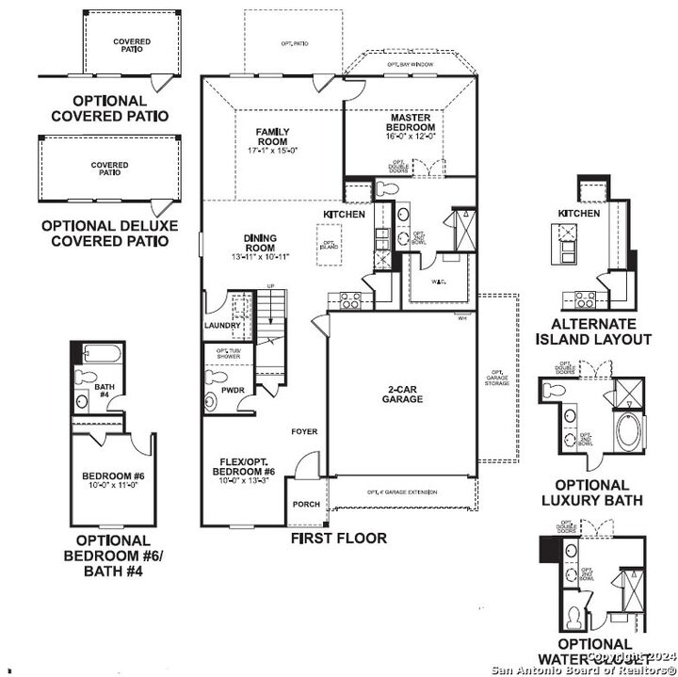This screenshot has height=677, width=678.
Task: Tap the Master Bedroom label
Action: (x=411, y=122)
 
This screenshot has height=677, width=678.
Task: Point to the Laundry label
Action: (x=222, y=326)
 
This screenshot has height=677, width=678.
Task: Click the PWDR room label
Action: (x=233, y=389)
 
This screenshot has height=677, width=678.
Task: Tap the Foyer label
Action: (x=304, y=431)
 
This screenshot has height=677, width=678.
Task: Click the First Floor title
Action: (x=339, y=539)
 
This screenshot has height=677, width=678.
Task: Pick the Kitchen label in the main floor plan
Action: (x=344, y=216)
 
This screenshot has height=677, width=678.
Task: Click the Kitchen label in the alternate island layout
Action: (x=578, y=214)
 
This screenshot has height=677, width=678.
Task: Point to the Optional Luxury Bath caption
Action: (x=592, y=492)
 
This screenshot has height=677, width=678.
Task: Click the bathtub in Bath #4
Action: (x=102, y=355)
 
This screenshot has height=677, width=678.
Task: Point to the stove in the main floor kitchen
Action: (x=349, y=300)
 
